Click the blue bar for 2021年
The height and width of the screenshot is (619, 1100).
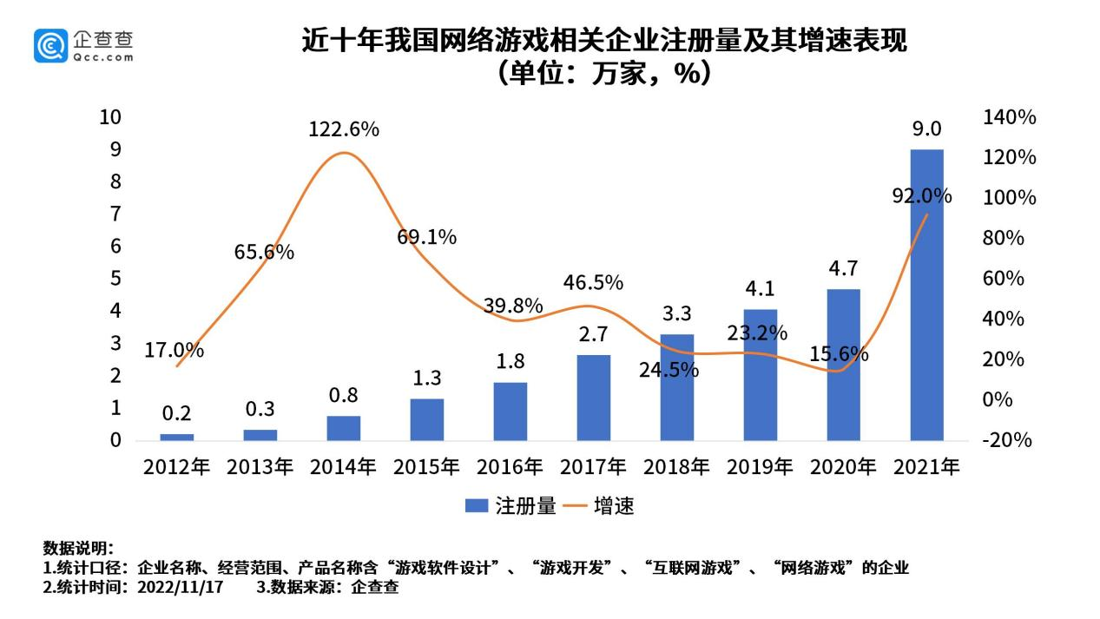click(x=926, y=295)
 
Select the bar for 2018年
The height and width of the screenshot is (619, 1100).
click(x=677, y=387)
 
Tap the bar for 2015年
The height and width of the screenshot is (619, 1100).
click(x=427, y=419)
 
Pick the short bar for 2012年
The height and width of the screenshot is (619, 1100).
click(x=177, y=437)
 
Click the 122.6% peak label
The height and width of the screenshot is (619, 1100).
click(x=344, y=129)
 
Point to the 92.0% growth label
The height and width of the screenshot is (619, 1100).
click(x=922, y=196)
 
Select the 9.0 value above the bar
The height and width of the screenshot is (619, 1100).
click(x=926, y=129)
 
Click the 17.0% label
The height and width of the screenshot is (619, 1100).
click(x=175, y=351)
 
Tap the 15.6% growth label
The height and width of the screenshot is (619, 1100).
click(x=840, y=354)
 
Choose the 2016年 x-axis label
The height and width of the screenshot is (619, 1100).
click(x=510, y=467)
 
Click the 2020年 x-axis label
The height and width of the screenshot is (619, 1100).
click(x=843, y=467)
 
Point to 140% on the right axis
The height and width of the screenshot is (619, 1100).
click(x=1010, y=117)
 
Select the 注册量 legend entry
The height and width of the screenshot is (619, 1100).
click(x=510, y=506)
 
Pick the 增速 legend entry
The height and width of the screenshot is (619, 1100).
click(x=598, y=506)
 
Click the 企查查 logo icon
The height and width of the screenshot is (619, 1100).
click(x=50, y=45)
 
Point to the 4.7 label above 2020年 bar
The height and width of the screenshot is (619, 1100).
click(x=843, y=268)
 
